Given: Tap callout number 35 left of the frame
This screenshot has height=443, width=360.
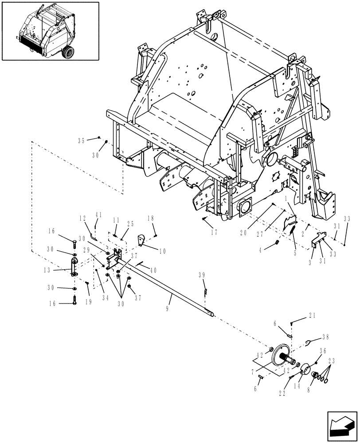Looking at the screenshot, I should coord(81,141).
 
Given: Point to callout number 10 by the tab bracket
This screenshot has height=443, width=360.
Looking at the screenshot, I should coord(162,251).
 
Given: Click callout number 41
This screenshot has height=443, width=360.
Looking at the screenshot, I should coord(98,215).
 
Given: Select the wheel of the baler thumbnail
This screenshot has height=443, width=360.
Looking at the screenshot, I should coord(68,53).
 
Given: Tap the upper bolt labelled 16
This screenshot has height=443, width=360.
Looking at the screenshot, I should coord(74,242).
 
